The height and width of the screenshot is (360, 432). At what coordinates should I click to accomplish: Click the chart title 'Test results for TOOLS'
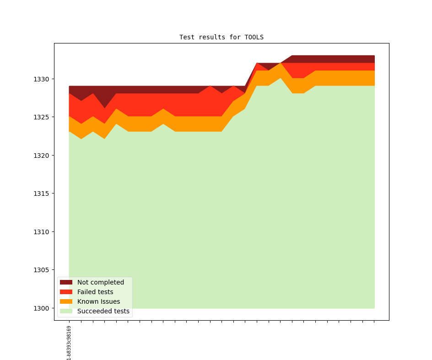221,37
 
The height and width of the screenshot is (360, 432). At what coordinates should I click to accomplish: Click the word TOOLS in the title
254,37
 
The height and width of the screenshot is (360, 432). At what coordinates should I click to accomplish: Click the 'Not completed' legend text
101,282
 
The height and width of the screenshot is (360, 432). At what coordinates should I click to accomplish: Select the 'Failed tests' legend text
95,292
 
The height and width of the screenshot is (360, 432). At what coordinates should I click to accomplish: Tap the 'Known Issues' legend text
98,301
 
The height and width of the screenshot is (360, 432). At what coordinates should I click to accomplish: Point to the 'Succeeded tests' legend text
103,311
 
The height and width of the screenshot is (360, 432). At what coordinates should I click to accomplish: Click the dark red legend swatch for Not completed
66,282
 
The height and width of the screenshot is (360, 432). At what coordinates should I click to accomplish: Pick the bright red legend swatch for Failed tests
66,292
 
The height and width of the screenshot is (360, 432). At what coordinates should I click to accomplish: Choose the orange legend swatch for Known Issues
66,301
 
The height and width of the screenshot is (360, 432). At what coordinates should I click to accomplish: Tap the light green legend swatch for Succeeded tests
66,311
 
